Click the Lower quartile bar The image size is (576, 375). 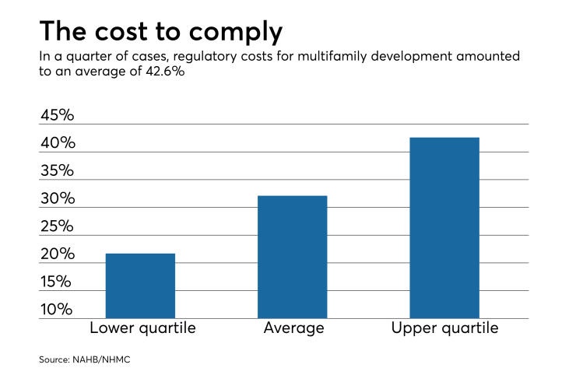pyautogui.click(x=140, y=286)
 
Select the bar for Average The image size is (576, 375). pyautogui.click(x=293, y=257)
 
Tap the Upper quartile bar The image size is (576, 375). pyautogui.click(x=444, y=228)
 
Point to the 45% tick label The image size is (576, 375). pyautogui.click(x=58, y=115)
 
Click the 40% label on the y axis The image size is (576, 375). pyautogui.click(x=58, y=143)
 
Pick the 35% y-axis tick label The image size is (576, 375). pyautogui.click(x=58, y=170)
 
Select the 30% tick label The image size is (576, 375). pyautogui.click(x=58, y=198)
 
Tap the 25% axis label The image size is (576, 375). pyautogui.click(x=58, y=226)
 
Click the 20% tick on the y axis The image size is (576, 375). pyautogui.click(x=58, y=254)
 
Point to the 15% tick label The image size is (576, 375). pyautogui.click(x=58, y=282)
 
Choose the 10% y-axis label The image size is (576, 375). pyautogui.click(x=58, y=310)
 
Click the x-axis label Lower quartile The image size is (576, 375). pyautogui.click(x=142, y=328)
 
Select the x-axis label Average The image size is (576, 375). pyautogui.click(x=293, y=328)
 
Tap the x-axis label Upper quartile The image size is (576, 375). pyautogui.click(x=445, y=328)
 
